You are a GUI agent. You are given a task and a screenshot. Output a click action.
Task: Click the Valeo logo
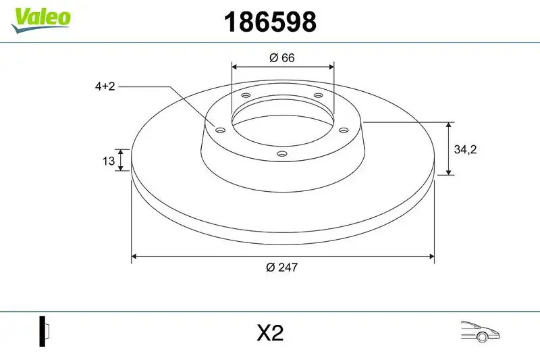(x=40, y=18)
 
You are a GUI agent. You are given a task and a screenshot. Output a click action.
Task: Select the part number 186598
(x=269, y=22)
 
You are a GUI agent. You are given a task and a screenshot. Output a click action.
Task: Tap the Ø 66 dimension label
(x=281, y=58)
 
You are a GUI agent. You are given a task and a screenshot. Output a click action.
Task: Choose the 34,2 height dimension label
(x=465, y=150)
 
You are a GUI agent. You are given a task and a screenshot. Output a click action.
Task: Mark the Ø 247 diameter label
(x=281, y=267)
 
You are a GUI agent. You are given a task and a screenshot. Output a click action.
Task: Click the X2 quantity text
(x=269, y=333)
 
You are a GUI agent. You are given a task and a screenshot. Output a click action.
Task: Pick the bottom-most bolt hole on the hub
(x=282, y=155)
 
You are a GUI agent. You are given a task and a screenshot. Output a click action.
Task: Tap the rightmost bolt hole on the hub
(x=344, y=130)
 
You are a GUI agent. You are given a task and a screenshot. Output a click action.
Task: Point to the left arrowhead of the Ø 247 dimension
(x=134, y=257)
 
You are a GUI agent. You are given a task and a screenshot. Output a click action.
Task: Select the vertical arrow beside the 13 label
(x=121, y=160)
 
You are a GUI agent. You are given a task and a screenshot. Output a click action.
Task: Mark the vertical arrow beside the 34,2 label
(x=449, y=149)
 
